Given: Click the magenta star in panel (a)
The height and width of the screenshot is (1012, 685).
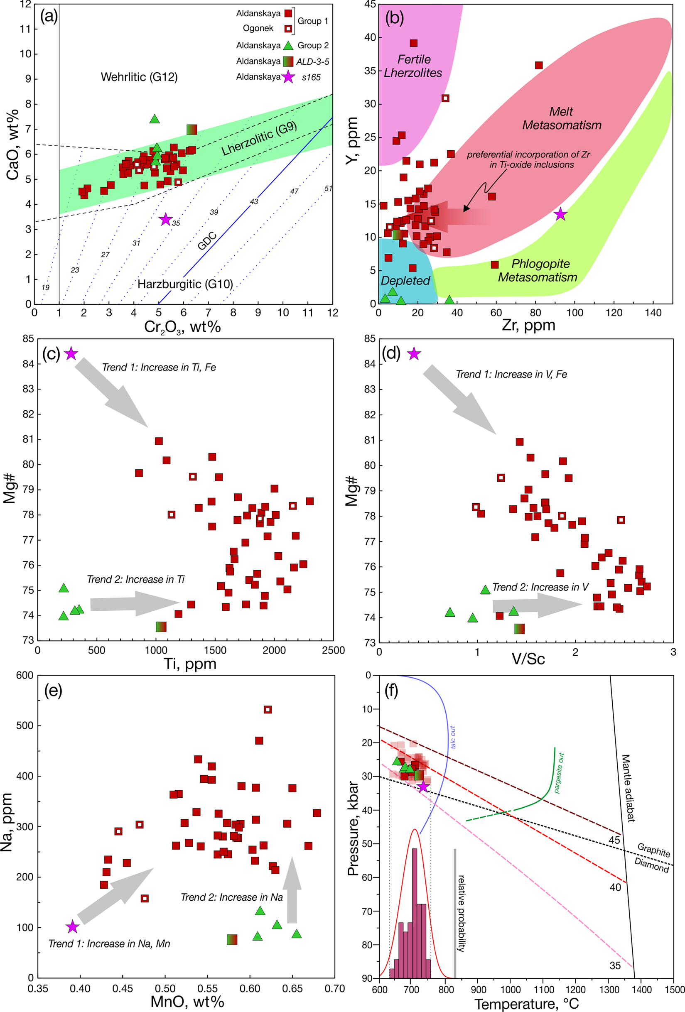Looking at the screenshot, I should (x=165, y=220).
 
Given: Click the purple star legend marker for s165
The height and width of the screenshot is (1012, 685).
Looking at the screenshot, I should (x=288, y=77).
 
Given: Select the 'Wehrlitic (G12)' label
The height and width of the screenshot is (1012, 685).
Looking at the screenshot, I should (x=139, y=77).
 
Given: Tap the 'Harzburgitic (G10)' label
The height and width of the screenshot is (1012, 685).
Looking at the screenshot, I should (x=185, y=284).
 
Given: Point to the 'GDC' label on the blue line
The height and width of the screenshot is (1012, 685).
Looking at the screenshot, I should (x=207, y=241).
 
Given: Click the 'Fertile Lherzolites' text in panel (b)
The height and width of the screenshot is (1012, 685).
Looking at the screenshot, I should (x=413, y=66).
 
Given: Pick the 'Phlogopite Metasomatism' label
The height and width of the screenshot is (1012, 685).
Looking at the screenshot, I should (x=538, y=270).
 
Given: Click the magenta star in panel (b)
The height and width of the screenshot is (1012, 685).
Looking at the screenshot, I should (x=560, y=214).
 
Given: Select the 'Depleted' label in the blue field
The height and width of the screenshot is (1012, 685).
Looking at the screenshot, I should (x=405, y=281).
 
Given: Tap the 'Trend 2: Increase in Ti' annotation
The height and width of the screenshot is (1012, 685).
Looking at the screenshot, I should (x=135, y=580).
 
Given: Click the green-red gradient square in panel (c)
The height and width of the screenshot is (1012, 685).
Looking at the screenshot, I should (x=161, y=627).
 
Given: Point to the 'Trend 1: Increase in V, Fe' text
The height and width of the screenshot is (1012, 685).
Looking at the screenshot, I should (x=511, y=375).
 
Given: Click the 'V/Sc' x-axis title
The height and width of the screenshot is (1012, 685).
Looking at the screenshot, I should (x=528, y=659).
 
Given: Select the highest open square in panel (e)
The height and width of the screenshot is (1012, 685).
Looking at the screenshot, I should (x=268, y=710).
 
